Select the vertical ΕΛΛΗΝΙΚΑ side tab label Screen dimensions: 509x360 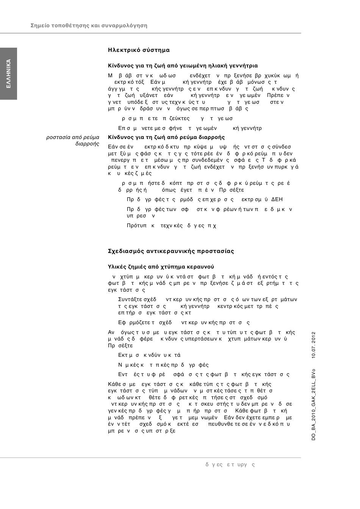[9, 74]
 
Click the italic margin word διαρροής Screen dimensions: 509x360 [88, 144]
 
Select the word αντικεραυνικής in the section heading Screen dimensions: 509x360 [172, 251]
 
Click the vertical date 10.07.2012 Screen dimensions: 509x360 [313, 345]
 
